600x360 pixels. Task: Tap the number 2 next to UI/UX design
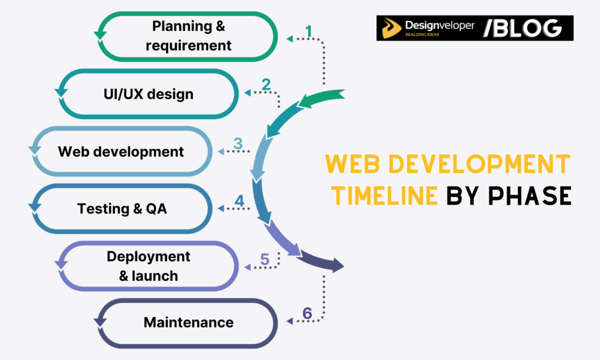point(266,85)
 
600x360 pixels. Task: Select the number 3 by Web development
point(238,144)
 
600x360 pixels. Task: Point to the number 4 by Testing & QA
point(239,201)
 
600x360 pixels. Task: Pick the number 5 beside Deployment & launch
point(264,259)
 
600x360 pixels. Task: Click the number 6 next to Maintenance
point(307,314)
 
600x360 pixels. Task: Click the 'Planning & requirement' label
point(188,35)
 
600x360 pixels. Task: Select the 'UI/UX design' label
point(148,94)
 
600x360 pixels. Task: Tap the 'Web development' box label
point(121,151)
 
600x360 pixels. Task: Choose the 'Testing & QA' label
point(122,208)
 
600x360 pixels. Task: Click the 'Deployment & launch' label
point(148,266)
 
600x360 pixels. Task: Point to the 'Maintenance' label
point(188,322)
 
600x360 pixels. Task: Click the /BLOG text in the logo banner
point(522,28)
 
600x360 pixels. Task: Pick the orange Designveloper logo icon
point(392,28)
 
